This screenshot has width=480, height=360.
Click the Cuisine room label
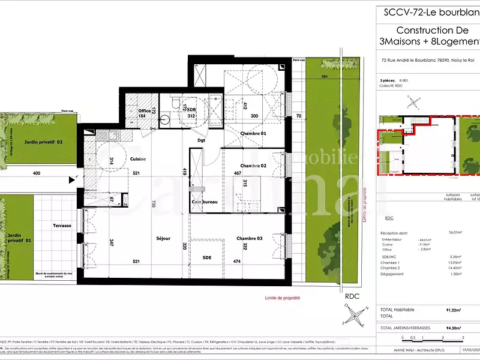pos(139,158)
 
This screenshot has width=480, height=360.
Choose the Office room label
pos(144,110)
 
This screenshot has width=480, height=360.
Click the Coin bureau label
pos(204,202)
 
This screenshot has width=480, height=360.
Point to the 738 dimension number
pos(154,203)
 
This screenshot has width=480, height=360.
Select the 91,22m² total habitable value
pos(454,310)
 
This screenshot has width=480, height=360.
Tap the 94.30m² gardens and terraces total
pos(454,329)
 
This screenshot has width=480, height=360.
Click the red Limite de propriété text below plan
pos(282,298)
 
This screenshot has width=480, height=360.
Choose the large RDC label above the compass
pos(352,295)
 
